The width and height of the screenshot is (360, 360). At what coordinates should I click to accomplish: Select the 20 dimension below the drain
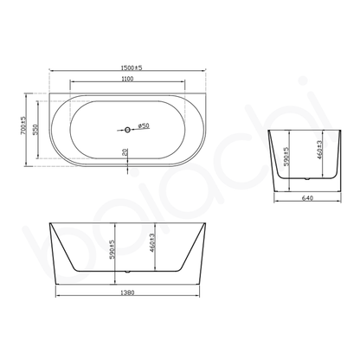point(126,154)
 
